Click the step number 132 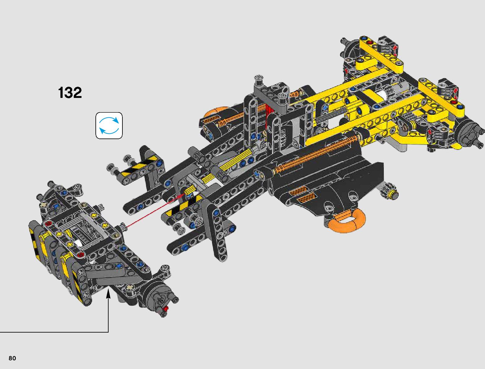[x=70, y=93]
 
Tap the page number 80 [x=12, y=358]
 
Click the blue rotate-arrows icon [x=109, y=126]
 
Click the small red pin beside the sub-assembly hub [x=165, y=308]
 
